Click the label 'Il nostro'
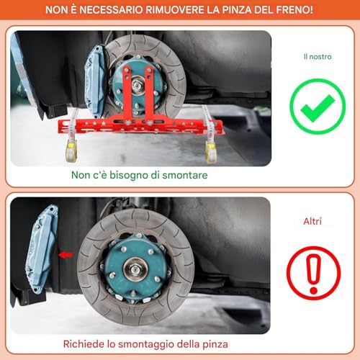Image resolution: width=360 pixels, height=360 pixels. (x=317, y=55)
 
